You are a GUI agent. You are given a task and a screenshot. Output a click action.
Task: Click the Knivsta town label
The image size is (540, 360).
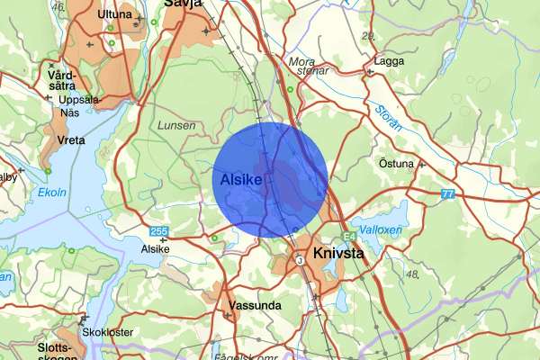[338, 254]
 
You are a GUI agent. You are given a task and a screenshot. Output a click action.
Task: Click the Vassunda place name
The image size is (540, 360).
[255, 306]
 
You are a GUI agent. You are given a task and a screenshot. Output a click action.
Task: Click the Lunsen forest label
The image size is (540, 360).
[175, 127]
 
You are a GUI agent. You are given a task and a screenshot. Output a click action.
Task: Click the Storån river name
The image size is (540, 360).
[387, 117]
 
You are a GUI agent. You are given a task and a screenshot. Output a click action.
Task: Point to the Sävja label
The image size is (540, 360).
[180, 4]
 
